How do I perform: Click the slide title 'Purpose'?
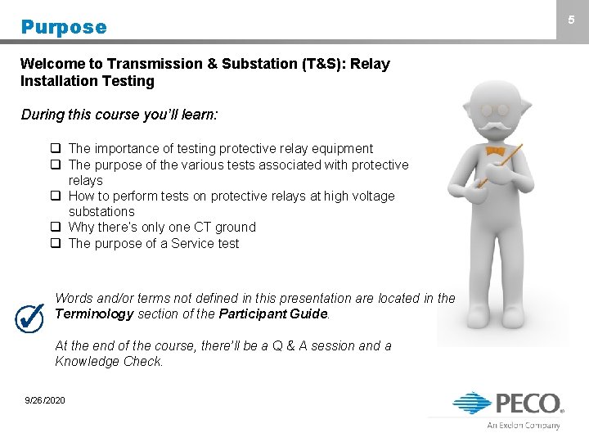(x=64, y=27)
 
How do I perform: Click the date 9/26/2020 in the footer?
(x=45, y=399)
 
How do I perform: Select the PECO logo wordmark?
(x=528, y=403)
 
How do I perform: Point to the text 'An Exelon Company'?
(x=524, y=425)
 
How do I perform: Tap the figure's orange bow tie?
(x=494, y=151)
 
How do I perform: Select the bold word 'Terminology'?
(x=92, y=314)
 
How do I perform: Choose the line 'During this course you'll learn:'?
(x=119, y=115)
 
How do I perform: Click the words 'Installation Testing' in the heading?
(x=88, y=81)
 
